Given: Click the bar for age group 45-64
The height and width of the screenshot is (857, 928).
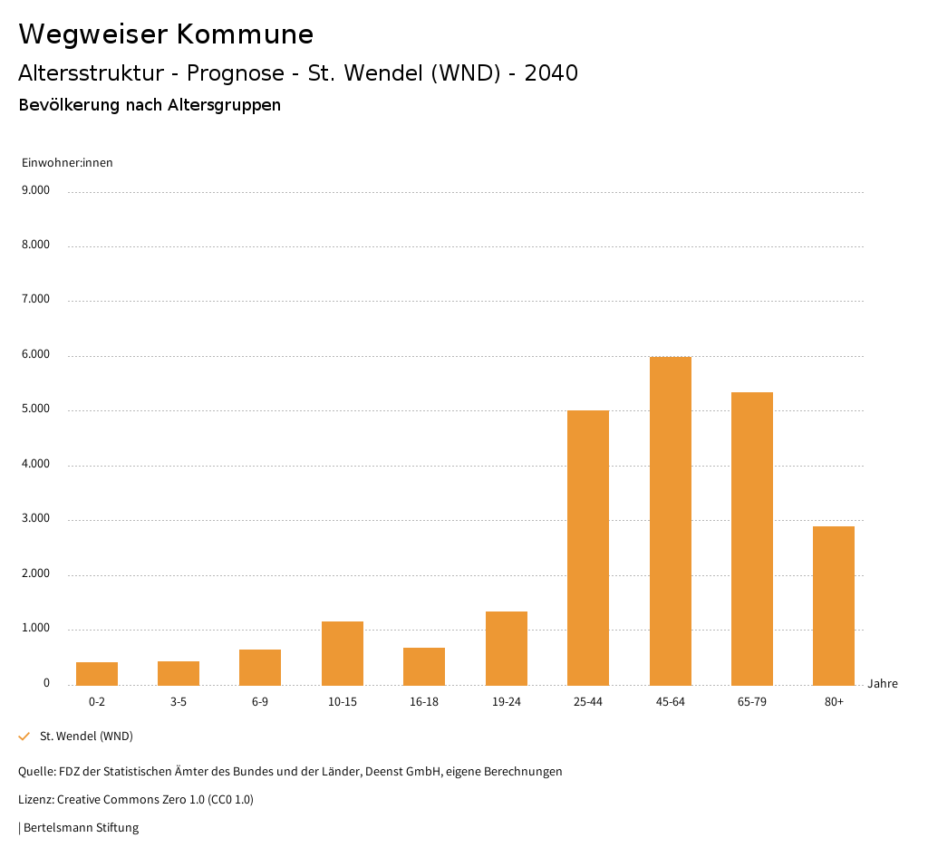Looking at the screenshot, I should click(x=670, y=521).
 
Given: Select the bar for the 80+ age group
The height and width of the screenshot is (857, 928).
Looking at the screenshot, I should click(x=834, y=605).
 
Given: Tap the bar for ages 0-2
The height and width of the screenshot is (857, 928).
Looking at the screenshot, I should click(x=97, y=673).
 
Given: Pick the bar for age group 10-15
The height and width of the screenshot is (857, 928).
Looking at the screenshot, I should click(x=343, y=653).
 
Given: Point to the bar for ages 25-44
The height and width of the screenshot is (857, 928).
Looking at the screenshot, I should click(x=588, y=547).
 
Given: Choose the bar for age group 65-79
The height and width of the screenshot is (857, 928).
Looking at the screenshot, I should click(x=752, y=538).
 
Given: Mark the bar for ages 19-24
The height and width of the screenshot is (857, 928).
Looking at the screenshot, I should click(x=507, y=648).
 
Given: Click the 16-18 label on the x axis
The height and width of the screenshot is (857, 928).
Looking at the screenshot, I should click(x=424, y=702).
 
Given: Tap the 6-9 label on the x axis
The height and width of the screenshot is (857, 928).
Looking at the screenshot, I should click(x=260, y=702).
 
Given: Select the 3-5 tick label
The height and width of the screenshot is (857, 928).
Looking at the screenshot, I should click(x=179, y=702).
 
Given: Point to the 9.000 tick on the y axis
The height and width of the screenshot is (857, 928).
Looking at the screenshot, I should click(x=34, y=190).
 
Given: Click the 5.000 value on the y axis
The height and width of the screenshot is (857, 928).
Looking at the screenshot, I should click(x=34, y=409).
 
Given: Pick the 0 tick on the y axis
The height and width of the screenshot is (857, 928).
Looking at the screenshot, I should click(x=46, y=683).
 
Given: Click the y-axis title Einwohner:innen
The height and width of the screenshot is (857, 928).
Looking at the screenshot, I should click(x=67, y=163).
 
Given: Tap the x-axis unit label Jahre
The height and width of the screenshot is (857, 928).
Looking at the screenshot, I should click(x=882, y=684).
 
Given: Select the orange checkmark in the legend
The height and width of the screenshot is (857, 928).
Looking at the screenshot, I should click(x=24, y=737).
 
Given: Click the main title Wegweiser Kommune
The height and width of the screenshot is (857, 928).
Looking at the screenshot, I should click(x=166, y=34).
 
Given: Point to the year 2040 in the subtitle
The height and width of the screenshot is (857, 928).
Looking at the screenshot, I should click(x=551, y=73).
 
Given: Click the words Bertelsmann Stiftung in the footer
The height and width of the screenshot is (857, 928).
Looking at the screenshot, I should click(x=81, y=827).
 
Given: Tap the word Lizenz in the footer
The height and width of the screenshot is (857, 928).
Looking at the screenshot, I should click(x=35, y=800).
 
